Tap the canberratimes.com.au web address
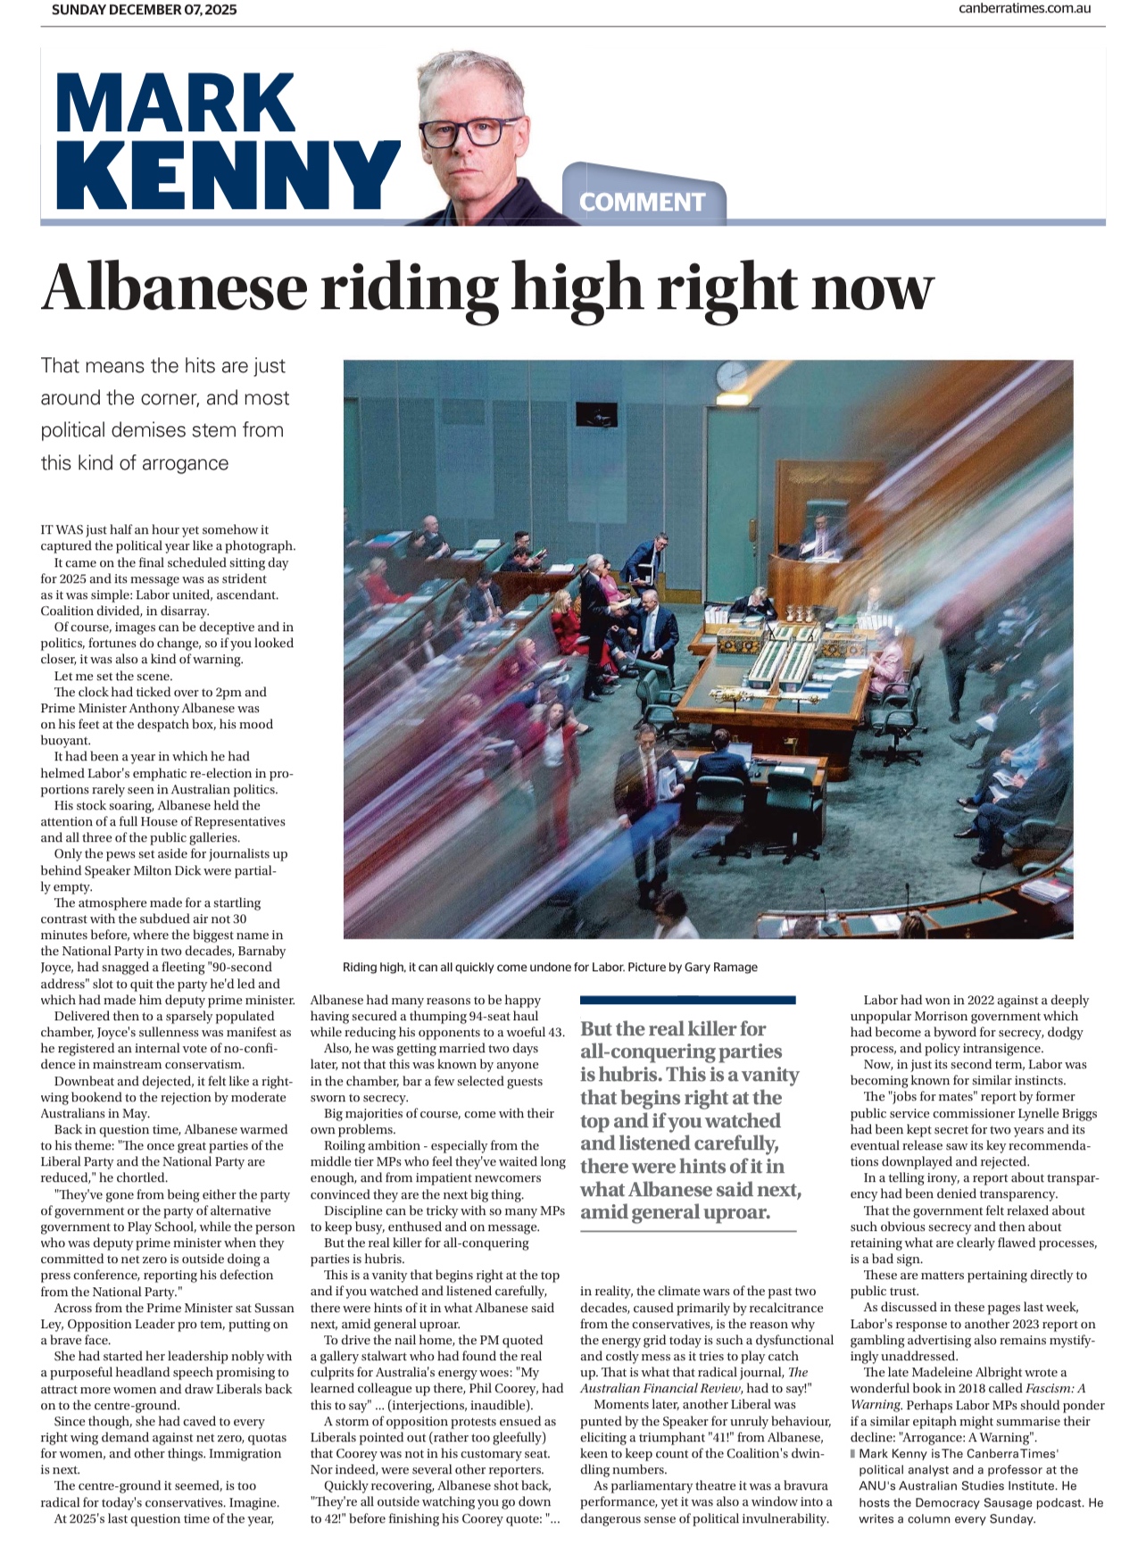pos(1025,9)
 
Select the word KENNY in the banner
pos(227,176)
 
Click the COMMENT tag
pos(642,203)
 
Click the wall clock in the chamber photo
pos(732,375)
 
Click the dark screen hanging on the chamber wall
pos(596,414)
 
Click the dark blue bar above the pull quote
pos(687,1000)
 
